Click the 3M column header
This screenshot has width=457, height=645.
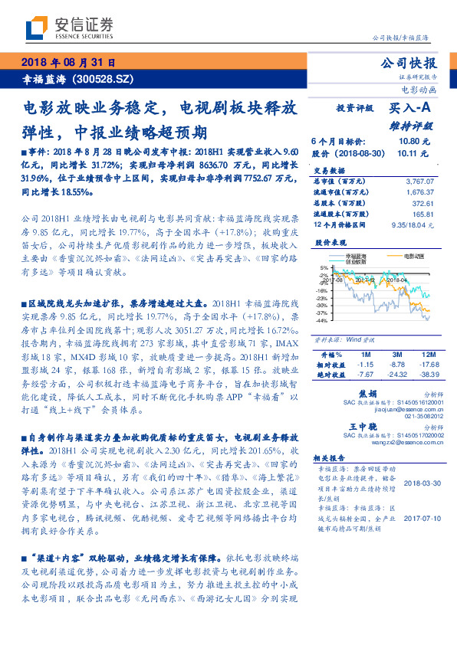coord(396,355)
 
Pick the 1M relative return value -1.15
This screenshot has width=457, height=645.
coord(364,365)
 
